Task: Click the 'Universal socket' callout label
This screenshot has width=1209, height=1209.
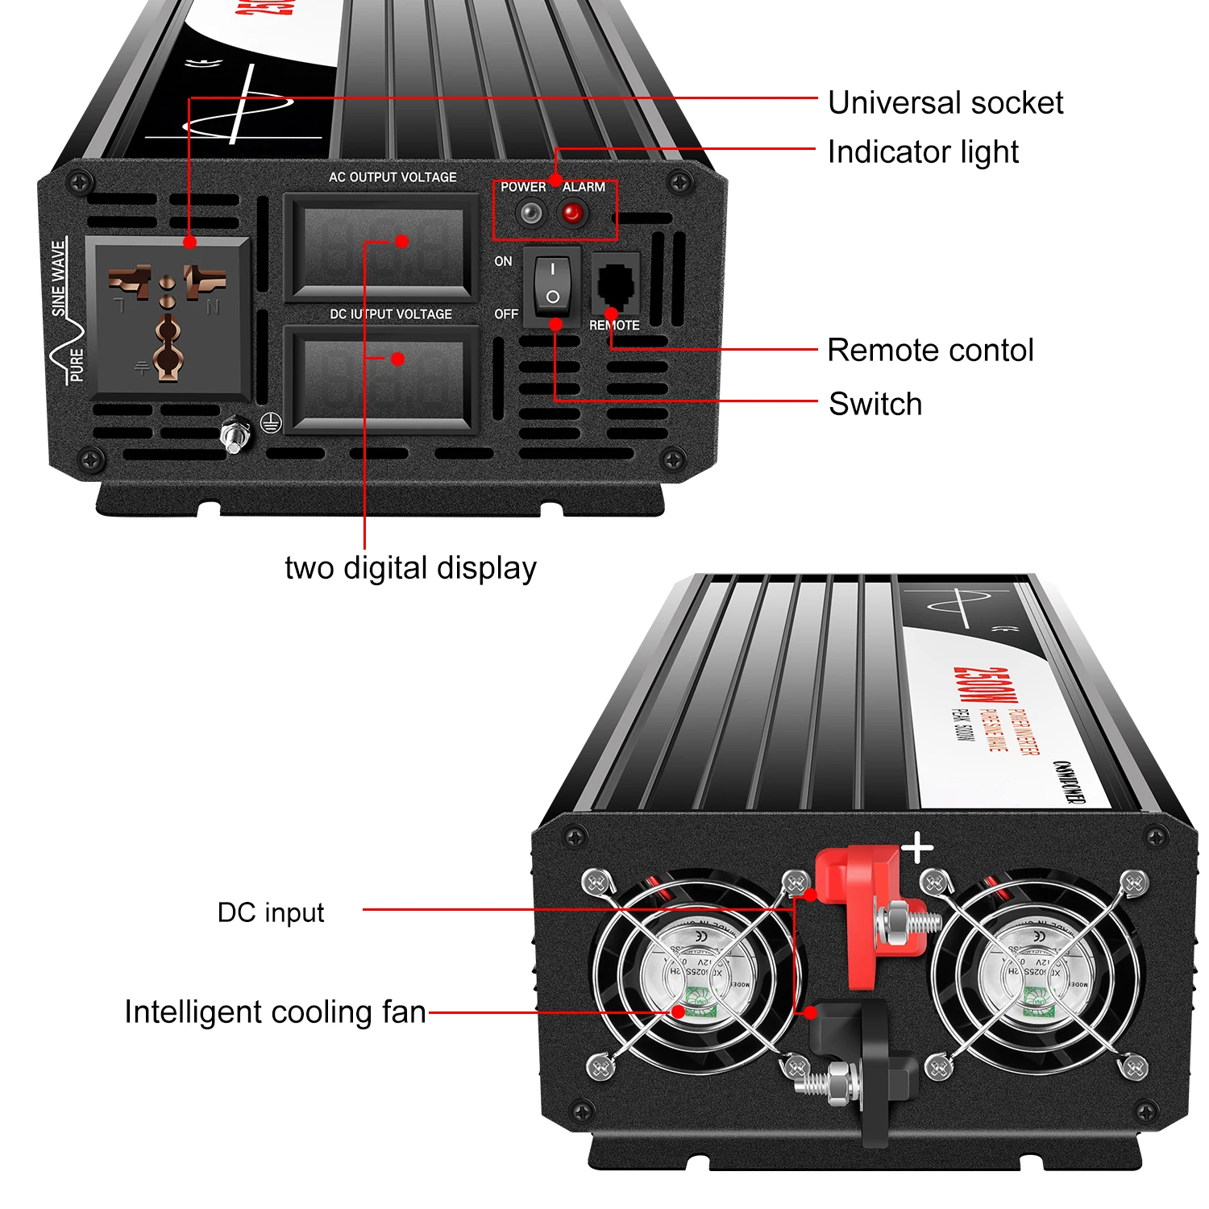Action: pos(945,103)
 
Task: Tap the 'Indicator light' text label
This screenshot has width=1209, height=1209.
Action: pos(923,152)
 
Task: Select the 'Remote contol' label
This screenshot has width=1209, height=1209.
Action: pos(930,351)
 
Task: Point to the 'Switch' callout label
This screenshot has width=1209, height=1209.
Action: pos(875,404)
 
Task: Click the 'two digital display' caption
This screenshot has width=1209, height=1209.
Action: pos(410,568)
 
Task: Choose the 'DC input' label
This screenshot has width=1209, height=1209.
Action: pos(271,912)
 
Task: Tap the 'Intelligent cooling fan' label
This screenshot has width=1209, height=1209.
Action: pos(275,1012)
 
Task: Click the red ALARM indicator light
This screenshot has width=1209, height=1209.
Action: pos(572,214)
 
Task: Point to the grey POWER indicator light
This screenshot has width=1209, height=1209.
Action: pos(530,214)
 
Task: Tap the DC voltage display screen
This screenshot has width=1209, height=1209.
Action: pos(380,379)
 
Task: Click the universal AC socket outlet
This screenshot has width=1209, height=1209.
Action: pos(168,318)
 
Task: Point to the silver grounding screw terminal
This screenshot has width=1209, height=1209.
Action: pos(235,436)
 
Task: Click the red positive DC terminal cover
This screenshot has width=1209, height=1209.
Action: pos(866,911)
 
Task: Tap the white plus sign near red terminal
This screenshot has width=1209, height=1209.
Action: pos(917,849)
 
